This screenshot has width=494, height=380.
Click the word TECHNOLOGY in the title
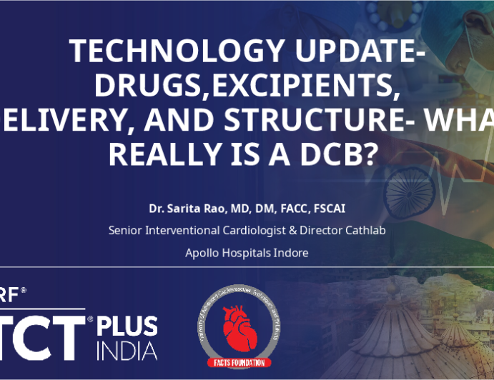160,52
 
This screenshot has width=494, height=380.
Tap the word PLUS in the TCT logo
129,326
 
